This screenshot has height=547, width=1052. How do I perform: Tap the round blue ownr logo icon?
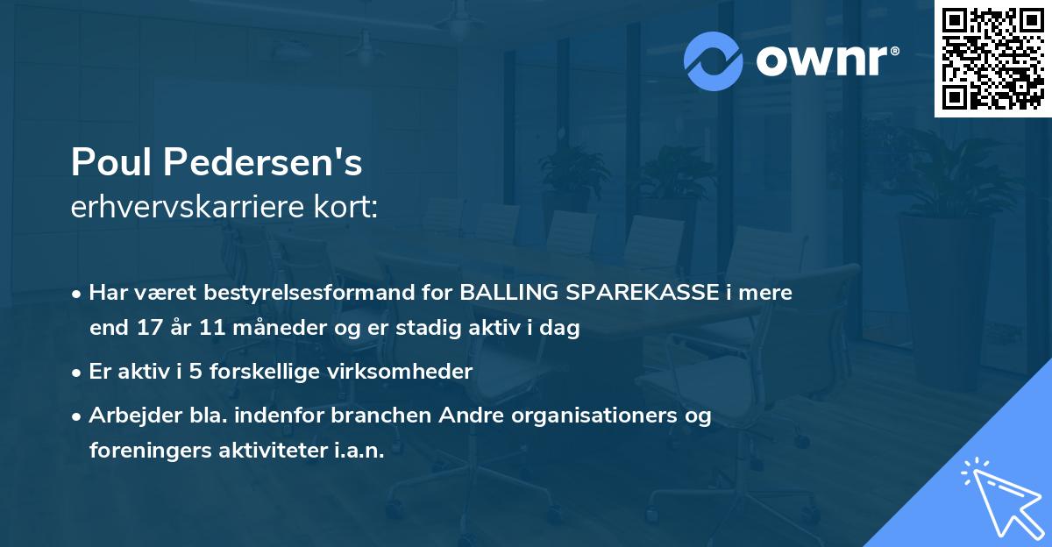714,61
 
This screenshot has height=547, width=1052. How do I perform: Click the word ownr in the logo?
821,61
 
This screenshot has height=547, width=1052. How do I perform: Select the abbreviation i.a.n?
361,451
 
